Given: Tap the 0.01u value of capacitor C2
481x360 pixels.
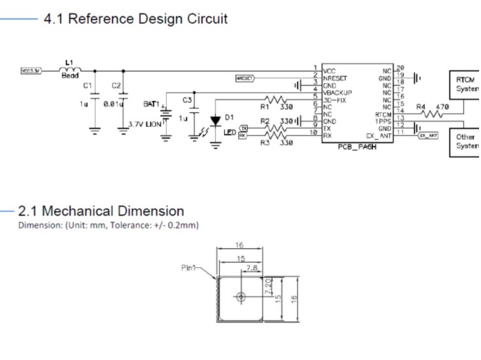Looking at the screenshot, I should point(113,104).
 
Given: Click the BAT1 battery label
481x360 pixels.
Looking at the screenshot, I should point(151,103).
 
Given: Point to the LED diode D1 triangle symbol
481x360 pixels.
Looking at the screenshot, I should point(216,119).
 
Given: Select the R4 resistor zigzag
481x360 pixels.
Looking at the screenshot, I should point(432,114).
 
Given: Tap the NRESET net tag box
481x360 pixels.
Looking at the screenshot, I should point(245,78).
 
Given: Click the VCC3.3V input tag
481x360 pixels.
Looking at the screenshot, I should point(31,71).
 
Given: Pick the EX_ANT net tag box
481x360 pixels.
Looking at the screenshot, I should point(429,135).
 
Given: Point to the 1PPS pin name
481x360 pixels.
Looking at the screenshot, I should point(383,121).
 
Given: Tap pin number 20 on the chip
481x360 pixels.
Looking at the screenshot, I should point(400,68).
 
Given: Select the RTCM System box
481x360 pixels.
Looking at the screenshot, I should point(464,83).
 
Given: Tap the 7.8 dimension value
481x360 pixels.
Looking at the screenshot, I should point(252,268).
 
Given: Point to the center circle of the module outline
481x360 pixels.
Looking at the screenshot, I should point(240,296).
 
